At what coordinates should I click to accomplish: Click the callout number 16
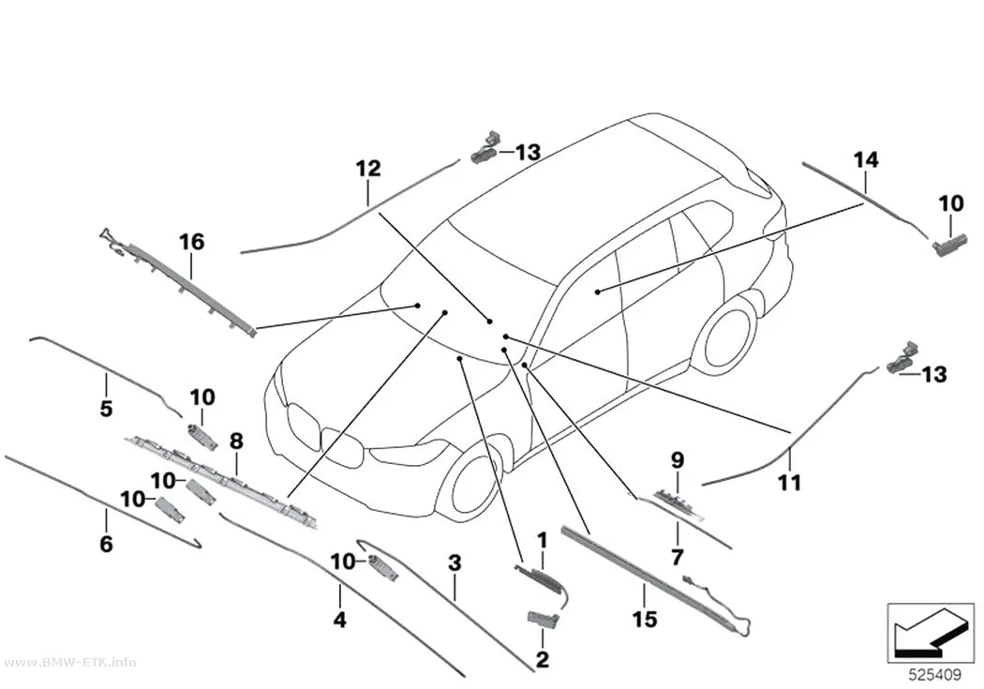pyautogui.click(x=192, y=242)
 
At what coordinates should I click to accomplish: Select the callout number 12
pyautogui.click(x=368, y=168)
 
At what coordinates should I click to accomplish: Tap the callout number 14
pyautogui.click(x=866, y=160)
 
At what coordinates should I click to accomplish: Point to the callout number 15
pyautogui.click(x=645, y=620)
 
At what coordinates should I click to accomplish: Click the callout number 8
pyautogui.click(x=236, y=442)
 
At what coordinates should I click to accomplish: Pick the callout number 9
pyautogui.click(x=678, y=460)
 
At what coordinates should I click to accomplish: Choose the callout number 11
pyautogui.click(x=789, y=483)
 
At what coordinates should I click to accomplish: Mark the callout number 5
pyautogui.click(x=106, y=409)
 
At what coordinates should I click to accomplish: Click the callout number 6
pyautogui.click(x=106, y=544)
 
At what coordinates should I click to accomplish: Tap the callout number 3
pyautogui.click(x=455, y=562)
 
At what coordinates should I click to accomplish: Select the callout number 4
pyautogui.click(x=339, y=620)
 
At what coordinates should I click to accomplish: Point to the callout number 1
pyautogui.click(x=543, y=540)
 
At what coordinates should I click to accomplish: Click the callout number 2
pyautogui.click(x=543, y=659)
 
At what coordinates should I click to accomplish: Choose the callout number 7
pyautogui.click(x=678, y=556)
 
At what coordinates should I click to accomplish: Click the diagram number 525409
pyautogui.click(x=935, y=675)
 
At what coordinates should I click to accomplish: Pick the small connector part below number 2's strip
pyautogui.click(x=543, y=619)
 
